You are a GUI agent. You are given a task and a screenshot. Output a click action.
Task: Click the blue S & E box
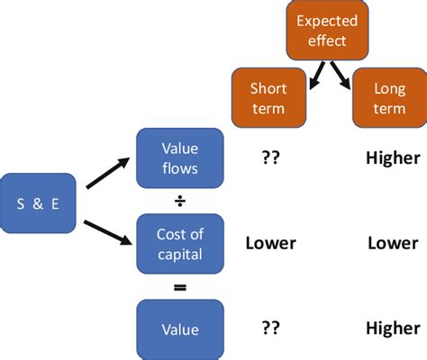tap(39, 202)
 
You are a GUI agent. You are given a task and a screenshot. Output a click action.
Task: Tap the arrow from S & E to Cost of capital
tap(107, 226)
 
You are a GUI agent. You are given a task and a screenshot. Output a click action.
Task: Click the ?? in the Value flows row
tap(269, 158)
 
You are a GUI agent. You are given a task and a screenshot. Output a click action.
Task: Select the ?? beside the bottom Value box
tap(269, 329)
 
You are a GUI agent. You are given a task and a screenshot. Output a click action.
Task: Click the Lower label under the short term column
tap(269, 243)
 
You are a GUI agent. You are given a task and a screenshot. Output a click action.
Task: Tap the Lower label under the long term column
tap(392, 243)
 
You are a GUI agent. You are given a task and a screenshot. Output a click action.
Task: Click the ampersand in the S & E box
tap(39, 202)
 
